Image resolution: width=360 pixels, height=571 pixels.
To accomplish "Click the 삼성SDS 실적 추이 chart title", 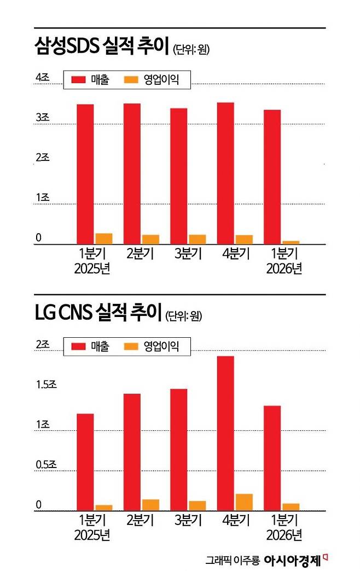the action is (x=102, y=46).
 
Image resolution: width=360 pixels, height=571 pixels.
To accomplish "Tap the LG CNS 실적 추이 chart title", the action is (x=98, y=312).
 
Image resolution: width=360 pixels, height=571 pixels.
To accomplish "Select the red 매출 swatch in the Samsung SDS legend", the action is (x=78, y=79).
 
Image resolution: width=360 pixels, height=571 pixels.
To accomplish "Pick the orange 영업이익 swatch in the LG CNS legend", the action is (x=131, y=346).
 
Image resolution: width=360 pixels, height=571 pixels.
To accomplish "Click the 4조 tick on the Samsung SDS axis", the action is (x=42, y=77).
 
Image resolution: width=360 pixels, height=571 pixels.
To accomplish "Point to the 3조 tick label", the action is (x=42, y=117).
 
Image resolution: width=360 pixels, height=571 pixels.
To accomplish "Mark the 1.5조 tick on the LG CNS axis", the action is (x=46, y=384).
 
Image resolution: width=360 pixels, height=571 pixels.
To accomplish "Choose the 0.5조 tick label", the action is (x=46, y=465).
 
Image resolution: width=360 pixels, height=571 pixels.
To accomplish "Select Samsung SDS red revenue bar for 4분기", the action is (x=225, y=174).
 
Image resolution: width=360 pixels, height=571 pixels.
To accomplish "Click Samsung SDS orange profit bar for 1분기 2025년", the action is (x=104, y=239).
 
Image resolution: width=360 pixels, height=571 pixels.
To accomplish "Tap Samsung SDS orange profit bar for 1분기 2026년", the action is (x=291, y=243).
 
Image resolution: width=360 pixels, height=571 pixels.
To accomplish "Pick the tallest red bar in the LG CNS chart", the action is (x=225, y=434).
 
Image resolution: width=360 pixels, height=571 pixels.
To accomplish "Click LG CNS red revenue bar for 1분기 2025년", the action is (x=85, y=462).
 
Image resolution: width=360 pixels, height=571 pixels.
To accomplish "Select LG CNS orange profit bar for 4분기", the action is (x=244, y=502).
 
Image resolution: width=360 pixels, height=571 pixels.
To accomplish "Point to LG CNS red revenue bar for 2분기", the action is (x=132, y=452).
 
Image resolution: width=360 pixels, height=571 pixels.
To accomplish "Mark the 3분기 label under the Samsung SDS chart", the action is (x=188, y=253).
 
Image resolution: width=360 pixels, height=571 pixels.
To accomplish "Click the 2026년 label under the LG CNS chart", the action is (x=284, y=535).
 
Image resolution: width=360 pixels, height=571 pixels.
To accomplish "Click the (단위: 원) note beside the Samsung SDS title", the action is (x=191, y=49).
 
